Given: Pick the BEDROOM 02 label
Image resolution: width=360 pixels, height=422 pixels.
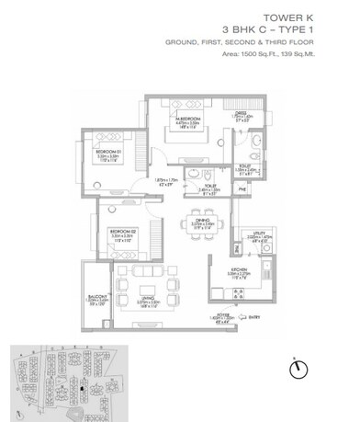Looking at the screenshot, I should coord(123,232).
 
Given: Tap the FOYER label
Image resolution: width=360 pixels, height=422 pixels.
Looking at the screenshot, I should coord(225,314).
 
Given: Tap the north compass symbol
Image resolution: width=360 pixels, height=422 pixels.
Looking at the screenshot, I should coord(297,368).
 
